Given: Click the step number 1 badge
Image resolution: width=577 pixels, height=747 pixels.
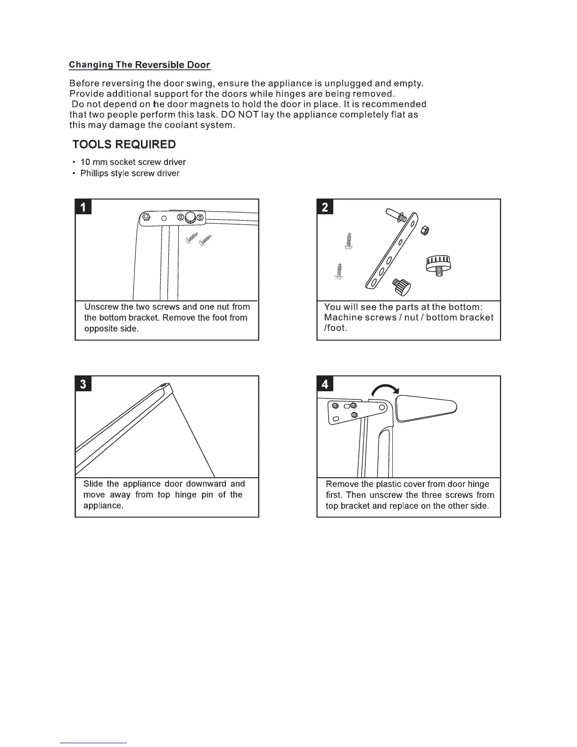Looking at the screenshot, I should click(83, 207).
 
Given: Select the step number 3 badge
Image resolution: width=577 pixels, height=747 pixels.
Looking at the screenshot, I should click(83, 384).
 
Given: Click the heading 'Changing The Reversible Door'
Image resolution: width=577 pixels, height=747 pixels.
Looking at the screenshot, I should click(139, 65).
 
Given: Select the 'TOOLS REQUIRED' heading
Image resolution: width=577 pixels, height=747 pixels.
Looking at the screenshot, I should click(124, 144).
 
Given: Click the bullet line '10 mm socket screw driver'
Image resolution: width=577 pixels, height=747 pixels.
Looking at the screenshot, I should click(133, 162).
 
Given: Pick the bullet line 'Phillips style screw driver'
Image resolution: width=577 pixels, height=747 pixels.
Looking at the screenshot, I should click(130, 174).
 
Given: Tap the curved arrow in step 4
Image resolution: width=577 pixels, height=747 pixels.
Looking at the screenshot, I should click(386, 390).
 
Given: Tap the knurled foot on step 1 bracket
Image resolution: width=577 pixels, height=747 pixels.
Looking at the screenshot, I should click(191, 218).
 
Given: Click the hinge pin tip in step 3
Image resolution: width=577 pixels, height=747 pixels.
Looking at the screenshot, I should click(165, 385).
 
